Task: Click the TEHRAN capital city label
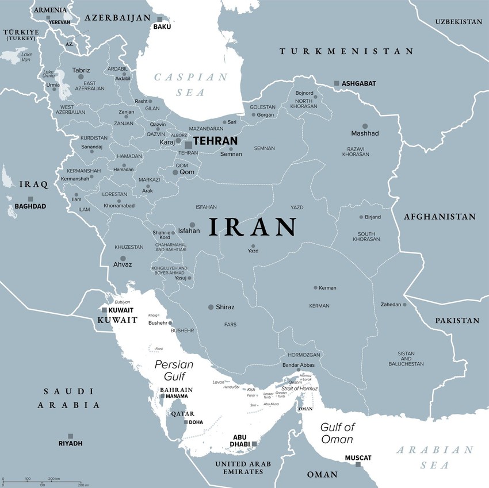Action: point(215,141)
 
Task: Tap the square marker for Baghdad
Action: point(30,199)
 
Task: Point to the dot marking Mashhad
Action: point(365,126)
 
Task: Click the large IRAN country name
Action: point(253,228)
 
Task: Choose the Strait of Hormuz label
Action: point(300,389)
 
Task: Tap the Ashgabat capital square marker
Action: point(337,83)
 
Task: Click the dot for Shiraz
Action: point(211,307)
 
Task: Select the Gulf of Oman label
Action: point(337,432)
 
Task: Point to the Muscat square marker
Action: point(358,464)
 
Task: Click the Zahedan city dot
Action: point(404,305)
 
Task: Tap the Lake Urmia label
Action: point(48,74)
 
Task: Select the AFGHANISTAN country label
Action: point(440,217)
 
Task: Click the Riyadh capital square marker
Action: point(70,436)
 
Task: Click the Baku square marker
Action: point(160,19)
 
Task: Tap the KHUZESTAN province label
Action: point(129,247)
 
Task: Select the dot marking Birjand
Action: point(361,217)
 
